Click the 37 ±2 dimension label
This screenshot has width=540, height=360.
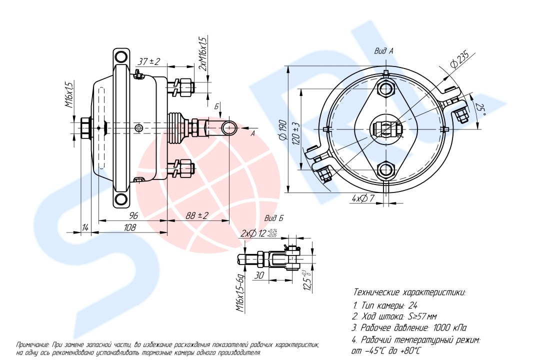(x=149, y=61)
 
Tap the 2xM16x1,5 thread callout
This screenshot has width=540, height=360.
(x=203, y=54)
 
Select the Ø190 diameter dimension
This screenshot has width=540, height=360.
(x=283, y=130)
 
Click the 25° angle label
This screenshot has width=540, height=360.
(x=481, y=109)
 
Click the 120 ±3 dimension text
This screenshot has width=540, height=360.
(x=296, y=133)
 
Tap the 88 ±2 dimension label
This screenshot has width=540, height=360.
(x=197, y=215)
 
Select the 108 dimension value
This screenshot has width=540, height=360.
(x=129, y=227)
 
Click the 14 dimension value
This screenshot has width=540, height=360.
(x=85, y=227)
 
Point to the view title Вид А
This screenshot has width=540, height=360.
(x=383, y=51)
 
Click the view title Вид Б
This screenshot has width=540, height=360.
(x=274, y=218)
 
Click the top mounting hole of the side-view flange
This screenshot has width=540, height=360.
(x=121, y=56)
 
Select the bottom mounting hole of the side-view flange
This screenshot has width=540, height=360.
(x=121, y=199)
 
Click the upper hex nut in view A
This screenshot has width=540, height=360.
(x=385, y=88)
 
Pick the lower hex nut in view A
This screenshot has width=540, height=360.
(x=385, y=170)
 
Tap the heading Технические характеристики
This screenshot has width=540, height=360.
(x=409, y=292)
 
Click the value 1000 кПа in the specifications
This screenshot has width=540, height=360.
(x=450, y=327)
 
